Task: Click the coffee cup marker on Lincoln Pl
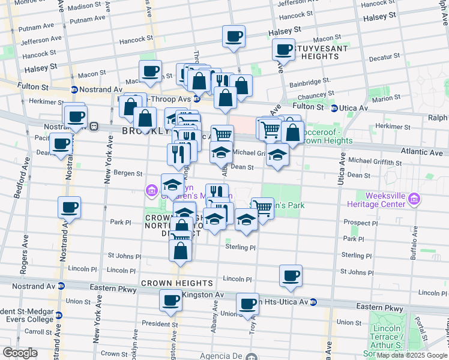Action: coord(291,276)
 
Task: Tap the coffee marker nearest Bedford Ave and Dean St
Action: coord(61,144)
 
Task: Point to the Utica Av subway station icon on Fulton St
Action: coord(334,108)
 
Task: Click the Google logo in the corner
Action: coord(20,353)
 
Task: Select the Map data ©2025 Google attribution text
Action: coord(412,355)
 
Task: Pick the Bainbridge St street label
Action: coord(310,83)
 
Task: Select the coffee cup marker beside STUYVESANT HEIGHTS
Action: coord(283,50)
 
